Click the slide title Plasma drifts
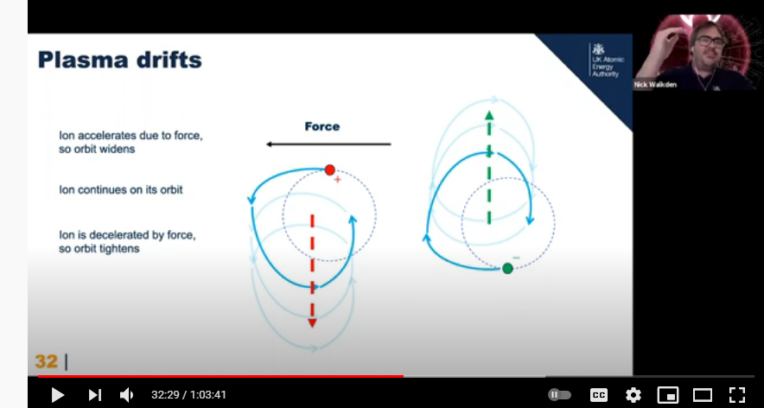coord(119,60)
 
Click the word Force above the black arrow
coord(322,127)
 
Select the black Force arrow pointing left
coord(328,144)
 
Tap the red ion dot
coord(330,170)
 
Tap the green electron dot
coord(507,268)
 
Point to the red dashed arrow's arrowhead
coord(312,322)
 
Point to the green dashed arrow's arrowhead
coord(489,116)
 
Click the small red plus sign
coord(337,180)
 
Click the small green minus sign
coord(517,258)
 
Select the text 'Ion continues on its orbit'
coord(121,189)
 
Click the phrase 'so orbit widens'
coord(97,150)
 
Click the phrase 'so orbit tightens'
coord(99,249)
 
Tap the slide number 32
coord(47,361)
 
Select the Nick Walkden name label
coord(655,85)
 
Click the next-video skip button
coord(94,395)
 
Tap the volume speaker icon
coord(126,395)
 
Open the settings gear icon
coord(633,395)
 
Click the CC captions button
coord(599,395)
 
